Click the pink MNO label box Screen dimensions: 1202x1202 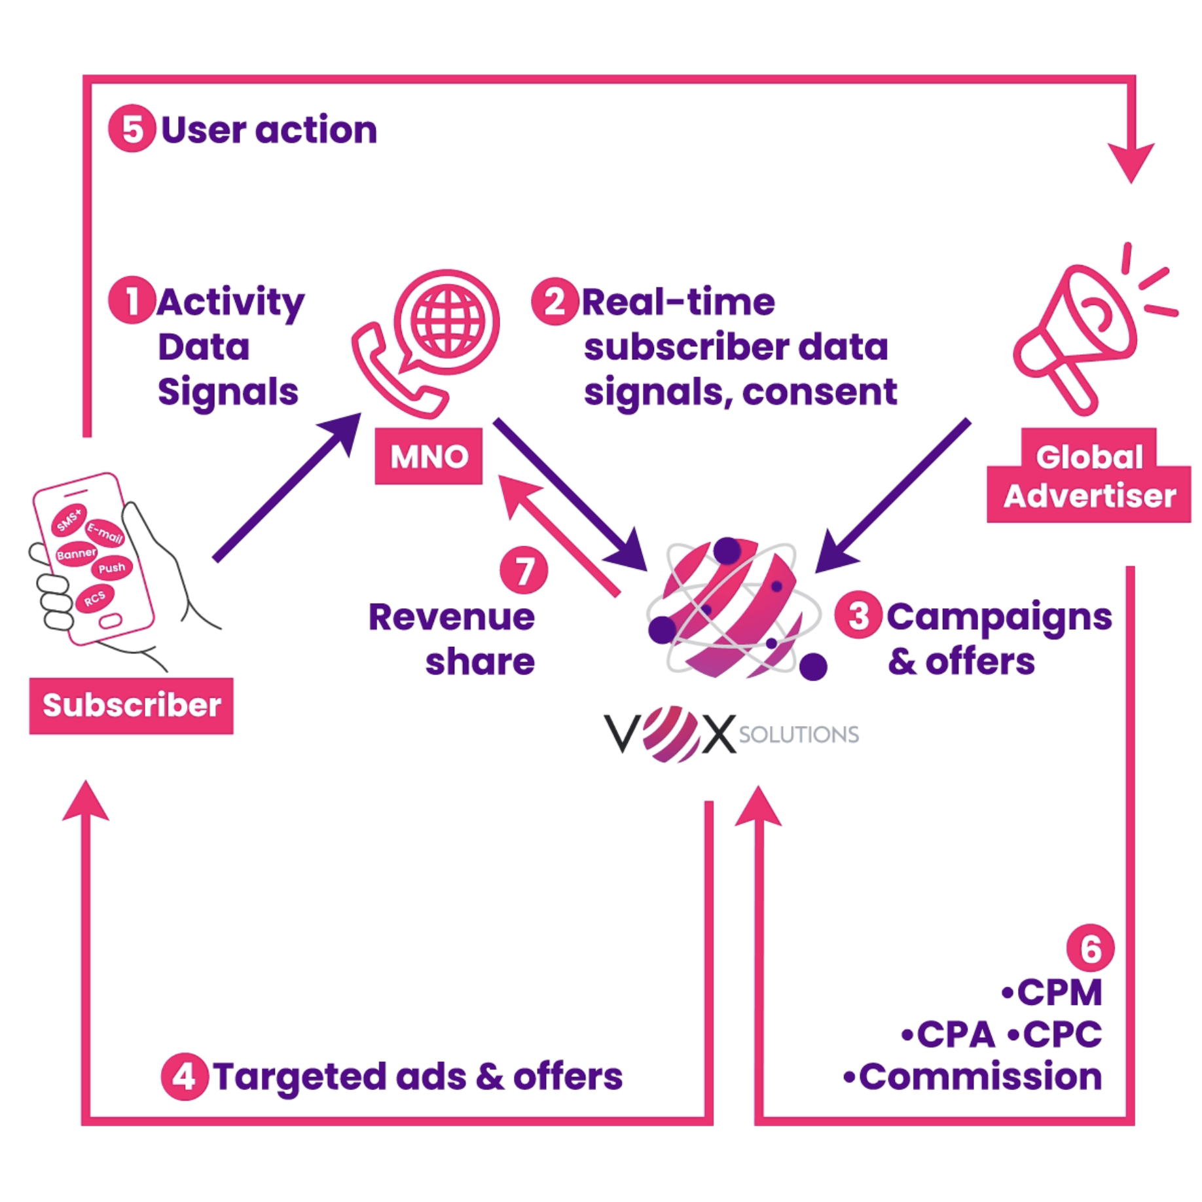pyautogui.click(x=428, y=456)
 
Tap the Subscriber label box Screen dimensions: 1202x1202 pyautogui.click(x=131, y=705)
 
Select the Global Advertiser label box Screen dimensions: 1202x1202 pyautogui.click(x=1089, y=477)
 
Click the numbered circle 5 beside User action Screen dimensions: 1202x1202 pyautogui.click(x=132, y=128)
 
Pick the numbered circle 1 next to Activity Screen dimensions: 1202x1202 pyautogui.click(x=132, y=300)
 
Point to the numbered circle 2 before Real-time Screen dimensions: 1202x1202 pyautogui.click(x=555, y=302)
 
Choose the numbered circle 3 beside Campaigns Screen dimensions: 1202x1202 pyautogui.click(x=858, y=615)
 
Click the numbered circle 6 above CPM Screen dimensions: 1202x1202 pyautogui.click(x=1090, y=947)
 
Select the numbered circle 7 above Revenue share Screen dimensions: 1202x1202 pyautogui.click(x=523, y=570)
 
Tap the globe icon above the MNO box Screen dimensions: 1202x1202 pyautogui.click(x=448, y=322)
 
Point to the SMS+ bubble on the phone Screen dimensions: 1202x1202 pyautogui.click(x=69, y=519)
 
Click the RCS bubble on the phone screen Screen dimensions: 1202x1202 pyautogui.click(x=94, y=598)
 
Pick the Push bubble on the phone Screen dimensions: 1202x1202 pyautogui.click(x=111, y=568)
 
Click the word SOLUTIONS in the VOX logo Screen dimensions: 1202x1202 pyautogui.click(x=799, y=735)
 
